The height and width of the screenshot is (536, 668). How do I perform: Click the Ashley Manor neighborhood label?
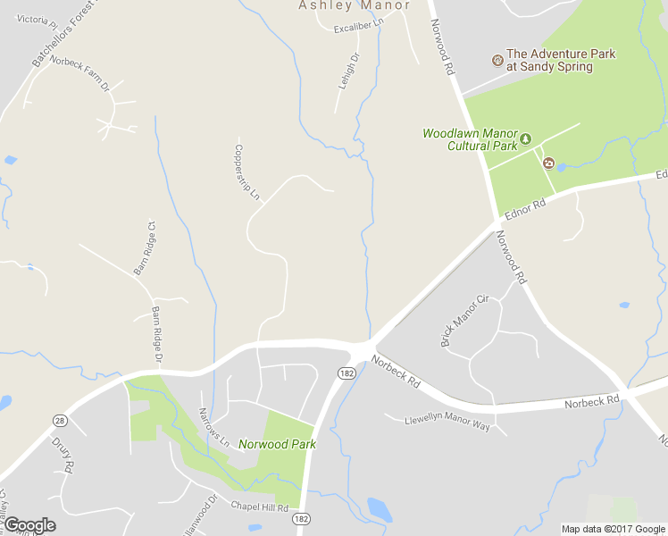(x=354, y=5)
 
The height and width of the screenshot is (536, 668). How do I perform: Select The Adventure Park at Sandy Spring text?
(x=561, y=60)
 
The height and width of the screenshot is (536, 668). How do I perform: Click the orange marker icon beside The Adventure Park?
(x=497, y=60)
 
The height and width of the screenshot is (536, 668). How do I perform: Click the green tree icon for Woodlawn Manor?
(x=526, y=138)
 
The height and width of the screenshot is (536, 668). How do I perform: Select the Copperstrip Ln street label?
(x=247, y=172)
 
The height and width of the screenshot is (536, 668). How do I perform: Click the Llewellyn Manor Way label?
(x=447, y=422)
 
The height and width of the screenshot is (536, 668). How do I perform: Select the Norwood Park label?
(x=277, y=444)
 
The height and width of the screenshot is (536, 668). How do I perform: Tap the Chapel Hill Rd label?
(x=260, y=507)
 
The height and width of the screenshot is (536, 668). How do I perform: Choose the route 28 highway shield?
(x=60, y=421)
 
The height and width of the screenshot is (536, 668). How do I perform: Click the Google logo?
(x=29, y=525)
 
